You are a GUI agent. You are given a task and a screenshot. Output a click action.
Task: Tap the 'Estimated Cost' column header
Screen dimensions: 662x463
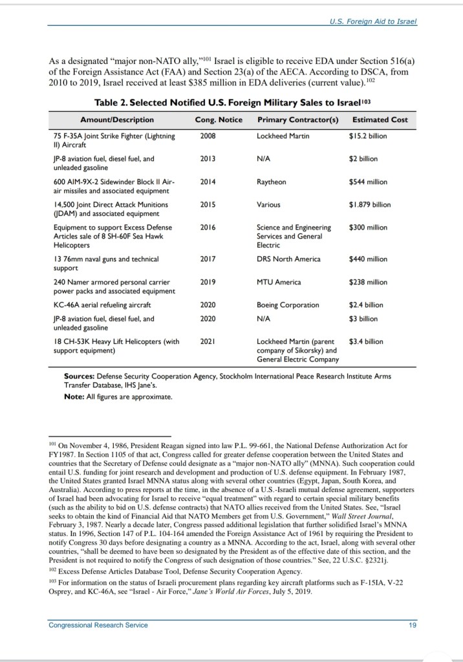pyautogui.click(x=380, y=120)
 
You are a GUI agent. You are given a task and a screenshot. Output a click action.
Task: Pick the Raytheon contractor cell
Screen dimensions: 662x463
pyautogui.click(x=272, y=182)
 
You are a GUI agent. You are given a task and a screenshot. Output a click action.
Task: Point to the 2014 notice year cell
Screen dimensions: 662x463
pyautogui.click(x=208, y=182)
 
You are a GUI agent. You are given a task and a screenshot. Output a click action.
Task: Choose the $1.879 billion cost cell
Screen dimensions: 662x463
pyautogui.click(x=370, y=205)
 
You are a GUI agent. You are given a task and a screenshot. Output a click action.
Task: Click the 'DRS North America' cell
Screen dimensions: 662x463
pyautogui.click(x=288, y=259)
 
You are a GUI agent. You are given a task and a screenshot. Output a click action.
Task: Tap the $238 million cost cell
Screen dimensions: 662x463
pyautogui.click(x=368, y=282)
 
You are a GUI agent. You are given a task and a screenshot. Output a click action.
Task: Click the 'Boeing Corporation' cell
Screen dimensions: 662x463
pyautogui.click(x=288, y=304)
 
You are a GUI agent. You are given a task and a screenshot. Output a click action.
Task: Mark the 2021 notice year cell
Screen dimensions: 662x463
pyautogui.click(x=208, y=341)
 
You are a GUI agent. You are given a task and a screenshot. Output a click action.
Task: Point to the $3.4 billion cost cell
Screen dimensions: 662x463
pyautogui.click(x=366, y=341)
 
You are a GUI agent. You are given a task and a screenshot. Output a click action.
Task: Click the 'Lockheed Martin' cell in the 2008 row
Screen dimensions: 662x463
pyautogui.click(x=283, y=136)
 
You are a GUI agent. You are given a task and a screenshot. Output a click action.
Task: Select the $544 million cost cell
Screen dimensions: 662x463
pyautogui.click(x=368, y=182)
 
